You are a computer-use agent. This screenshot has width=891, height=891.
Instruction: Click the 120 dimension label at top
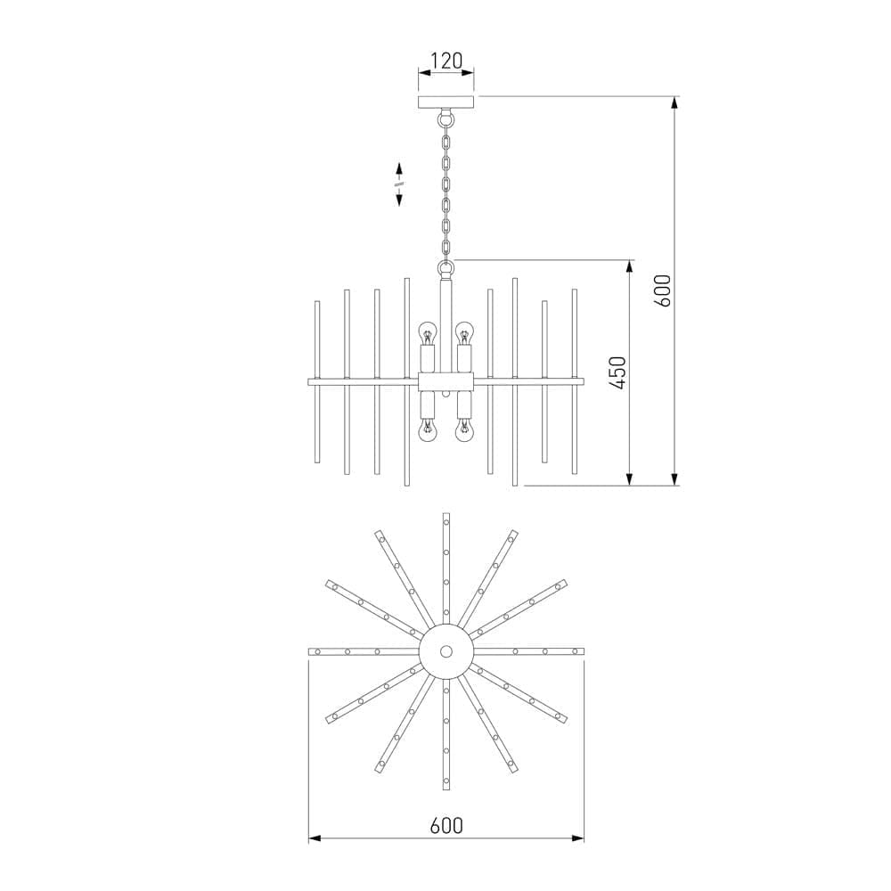coord(446,61)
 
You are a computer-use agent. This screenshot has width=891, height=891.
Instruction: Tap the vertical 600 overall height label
coord(662,290)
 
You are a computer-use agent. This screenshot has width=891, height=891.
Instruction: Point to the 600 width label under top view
coord(446,825)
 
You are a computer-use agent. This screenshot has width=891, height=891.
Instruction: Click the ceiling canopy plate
coord(446,102)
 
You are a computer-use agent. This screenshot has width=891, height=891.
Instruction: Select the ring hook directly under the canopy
coord(446,117)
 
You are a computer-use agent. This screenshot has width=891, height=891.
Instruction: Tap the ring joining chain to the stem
coord(446,266)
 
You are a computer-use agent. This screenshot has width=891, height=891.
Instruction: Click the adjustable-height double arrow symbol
coord(398,184)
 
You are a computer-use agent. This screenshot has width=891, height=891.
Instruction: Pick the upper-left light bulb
coord(429,336)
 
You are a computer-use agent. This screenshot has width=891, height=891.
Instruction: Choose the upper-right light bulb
coord(463,336)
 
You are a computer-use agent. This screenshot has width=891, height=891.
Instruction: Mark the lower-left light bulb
coord(429,431)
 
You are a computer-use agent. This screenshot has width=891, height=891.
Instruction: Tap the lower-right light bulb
coord(463,431)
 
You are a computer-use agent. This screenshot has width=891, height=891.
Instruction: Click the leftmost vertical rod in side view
coord(316,382)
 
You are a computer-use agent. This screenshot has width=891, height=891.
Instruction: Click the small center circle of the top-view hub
coord(446,651)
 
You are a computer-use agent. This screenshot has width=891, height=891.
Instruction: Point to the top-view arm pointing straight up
coord(446,561)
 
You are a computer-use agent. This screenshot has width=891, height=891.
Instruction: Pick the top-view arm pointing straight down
coord(446,740)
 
